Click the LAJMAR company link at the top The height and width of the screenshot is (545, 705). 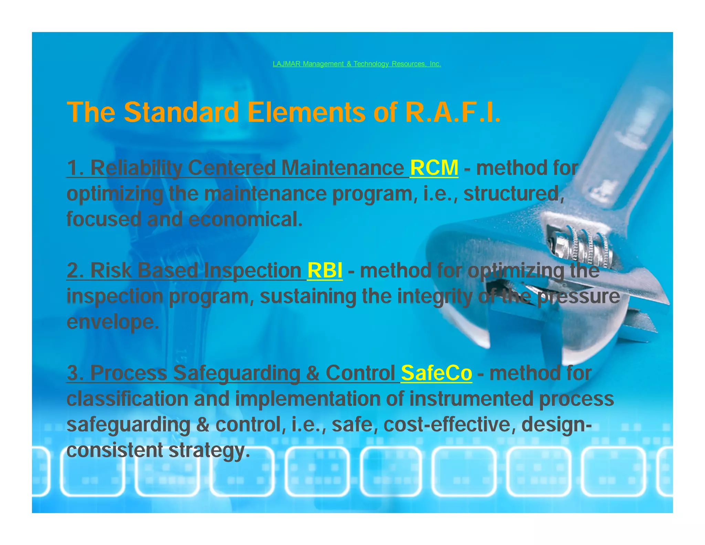[357, 64]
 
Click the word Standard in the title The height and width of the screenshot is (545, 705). [181, 112]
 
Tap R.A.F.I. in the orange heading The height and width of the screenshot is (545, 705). [453, 112]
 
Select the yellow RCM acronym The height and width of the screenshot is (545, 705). [434, 168]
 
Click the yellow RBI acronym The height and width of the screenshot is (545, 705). [325, 270]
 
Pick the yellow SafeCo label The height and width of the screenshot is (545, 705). [436, 373]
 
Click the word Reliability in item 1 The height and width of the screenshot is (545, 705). [136, 168]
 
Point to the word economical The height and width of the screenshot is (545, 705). [245, 219]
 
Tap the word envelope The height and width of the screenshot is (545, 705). [113, 322]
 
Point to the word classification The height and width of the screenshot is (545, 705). [127, 399]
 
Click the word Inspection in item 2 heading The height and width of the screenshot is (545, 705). [253, 270]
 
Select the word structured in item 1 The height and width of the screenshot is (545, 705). [514, 194]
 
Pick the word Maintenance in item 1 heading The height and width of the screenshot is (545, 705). [343, 168]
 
